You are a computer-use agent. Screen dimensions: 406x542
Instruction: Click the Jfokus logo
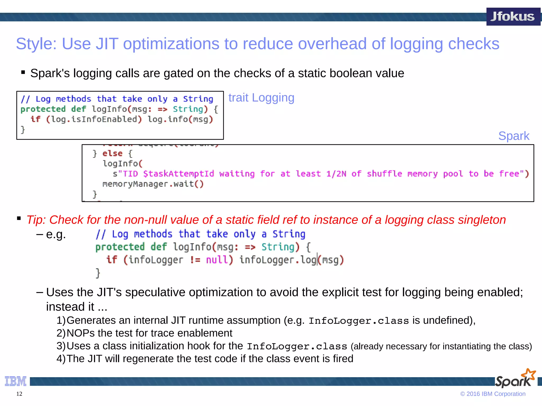pyautogui.click(x=513, y=17)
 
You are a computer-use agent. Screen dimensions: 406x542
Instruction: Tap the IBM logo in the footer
pyautogui.click(x=16, y=381)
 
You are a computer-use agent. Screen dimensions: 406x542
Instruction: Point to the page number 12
pyautogui.click(x=19, y=394)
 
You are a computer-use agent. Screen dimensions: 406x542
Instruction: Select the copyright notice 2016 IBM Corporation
pyautogui.click(x=493, y=394)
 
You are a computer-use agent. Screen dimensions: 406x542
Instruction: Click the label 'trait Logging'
pyautogui.click(x=261, y=98)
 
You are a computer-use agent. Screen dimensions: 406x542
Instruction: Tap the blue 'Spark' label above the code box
pyautogui.click(x=514, y=136)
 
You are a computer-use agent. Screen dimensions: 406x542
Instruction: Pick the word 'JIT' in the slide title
pyautogui.click(x=107, y=44)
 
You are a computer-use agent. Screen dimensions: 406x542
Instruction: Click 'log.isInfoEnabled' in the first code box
pyautogui.click(x=94, y=119)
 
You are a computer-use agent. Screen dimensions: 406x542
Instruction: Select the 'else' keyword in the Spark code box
pyautogui.click(x=112, y=154)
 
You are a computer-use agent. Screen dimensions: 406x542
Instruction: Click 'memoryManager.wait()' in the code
pyautogui.click(x=153, y=184)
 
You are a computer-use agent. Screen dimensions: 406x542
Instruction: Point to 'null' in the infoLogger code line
pyautogui.click(x=217, y=260)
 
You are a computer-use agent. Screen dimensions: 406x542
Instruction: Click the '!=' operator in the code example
pyautogui.click(x=195, y=260)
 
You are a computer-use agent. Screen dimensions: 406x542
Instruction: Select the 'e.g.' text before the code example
pyautogui.click(x=56, y=234)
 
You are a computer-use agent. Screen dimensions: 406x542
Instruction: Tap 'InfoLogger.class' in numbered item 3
pyautogui.click(x=297, y=346)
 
